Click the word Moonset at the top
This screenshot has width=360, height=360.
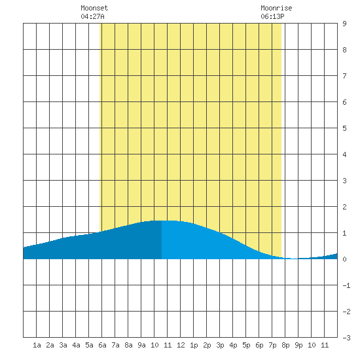click(x=94, y=8)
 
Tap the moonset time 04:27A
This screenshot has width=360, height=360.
click(x=92, y=16)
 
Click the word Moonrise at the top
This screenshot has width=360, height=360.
click(x=276, y=8)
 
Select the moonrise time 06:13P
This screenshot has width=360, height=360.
click(x=272, y=16)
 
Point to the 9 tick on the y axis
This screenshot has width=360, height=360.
click(x=344, y=24)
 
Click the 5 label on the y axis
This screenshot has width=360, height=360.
click(x=344, y=128)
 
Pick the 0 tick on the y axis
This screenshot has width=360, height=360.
click(x=344, y=259)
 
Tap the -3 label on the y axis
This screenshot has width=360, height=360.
click(x=346, y=338)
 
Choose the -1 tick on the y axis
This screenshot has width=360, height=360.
click(x=346, y=285)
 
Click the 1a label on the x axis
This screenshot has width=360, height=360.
click(x=37, y=345)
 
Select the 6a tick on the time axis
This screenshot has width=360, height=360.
click(x=102, y=345)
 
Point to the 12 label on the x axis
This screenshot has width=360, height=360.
click(x=181, y=345)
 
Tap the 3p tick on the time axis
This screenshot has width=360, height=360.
click(x=220, y=345)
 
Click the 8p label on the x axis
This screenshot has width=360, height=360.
click(x=285, y=345)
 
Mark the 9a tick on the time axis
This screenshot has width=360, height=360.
click(x=141, y=345)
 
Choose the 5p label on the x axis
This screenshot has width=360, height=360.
click(x=246, y=345)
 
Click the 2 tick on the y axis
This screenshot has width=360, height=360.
click(x=344, y=207)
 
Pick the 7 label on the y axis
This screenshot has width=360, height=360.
click(x=344, y=76)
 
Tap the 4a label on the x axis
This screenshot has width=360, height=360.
click(x=76, y=345)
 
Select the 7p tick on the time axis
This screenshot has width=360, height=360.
click(x=272, y=345)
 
